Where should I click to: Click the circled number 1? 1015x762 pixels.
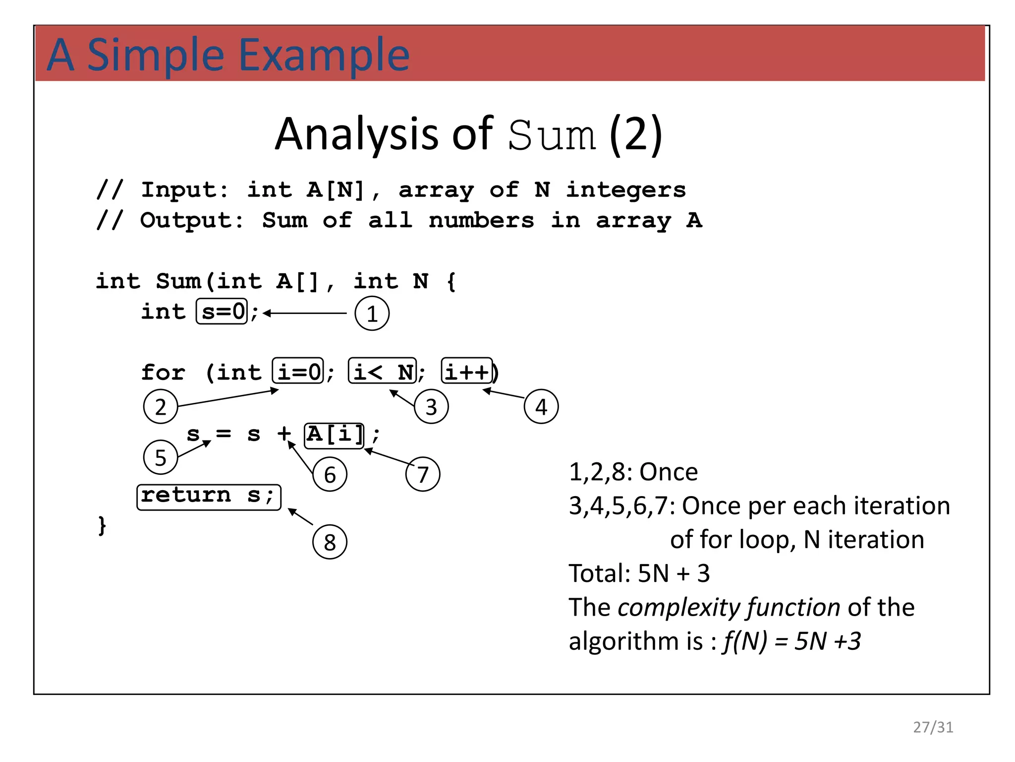pos(372,314)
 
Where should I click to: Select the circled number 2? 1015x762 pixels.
pos(161,407)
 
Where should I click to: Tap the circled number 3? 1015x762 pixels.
pos(431,407)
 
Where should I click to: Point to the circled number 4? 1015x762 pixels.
pos(541,407)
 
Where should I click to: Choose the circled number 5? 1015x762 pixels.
pos(161,457)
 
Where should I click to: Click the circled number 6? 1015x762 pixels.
pos(330,475)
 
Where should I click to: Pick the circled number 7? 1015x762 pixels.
pos(423,474)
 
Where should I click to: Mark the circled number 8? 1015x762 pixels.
pos(330,542)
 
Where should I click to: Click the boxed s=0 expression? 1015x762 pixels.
pos(222,312)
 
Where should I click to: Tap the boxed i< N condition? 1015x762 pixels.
pos(383,371)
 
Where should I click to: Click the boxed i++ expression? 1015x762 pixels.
pos(467,371)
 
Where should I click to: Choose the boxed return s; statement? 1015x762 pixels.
pos(209,497)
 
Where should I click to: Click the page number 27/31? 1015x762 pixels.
pos(933,727)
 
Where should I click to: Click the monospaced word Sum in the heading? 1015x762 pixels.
pos(552,135)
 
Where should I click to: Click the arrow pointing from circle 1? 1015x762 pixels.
pos(305,314)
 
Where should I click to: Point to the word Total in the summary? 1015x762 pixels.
pos(599,573)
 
